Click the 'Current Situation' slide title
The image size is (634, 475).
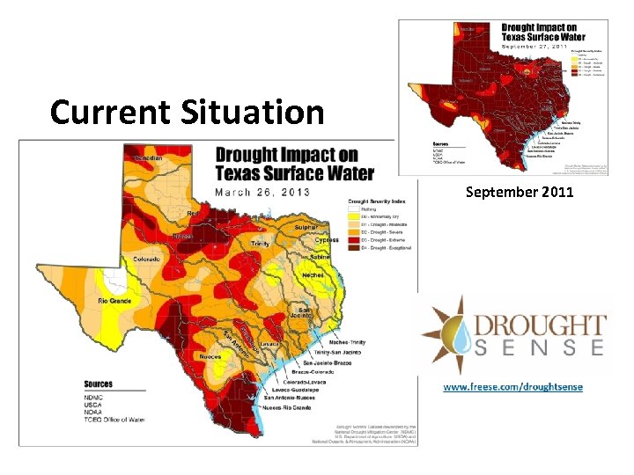[187, 112]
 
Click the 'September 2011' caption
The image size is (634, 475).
[520, 191]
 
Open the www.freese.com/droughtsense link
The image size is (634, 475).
[512, 387]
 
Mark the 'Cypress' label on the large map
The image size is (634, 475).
[326, 240]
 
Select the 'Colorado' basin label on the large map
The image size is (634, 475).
[147, 259]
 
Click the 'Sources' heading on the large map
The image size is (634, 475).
[98, 384]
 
